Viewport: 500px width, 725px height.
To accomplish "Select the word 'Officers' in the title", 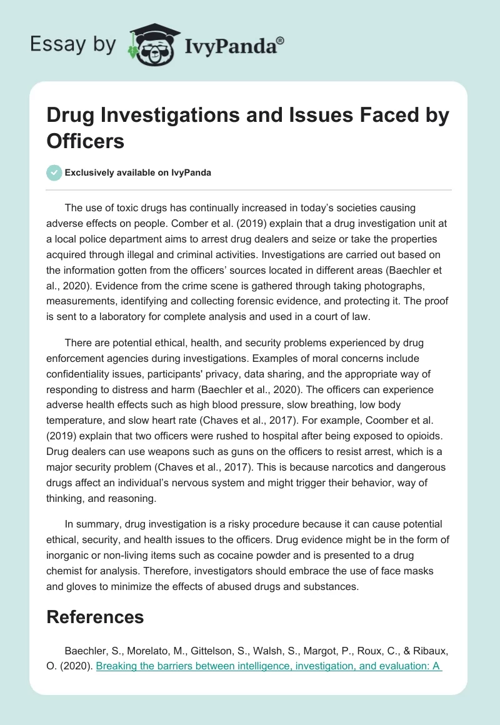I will [x=86, y=141].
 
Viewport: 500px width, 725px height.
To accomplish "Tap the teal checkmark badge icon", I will [x=54, y=172].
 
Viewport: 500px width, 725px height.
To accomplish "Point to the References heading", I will [x=95, y=617].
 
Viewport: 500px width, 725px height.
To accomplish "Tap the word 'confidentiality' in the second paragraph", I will [x=84, y=373].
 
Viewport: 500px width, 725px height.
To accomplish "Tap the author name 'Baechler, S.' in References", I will [x=91, y=651].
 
